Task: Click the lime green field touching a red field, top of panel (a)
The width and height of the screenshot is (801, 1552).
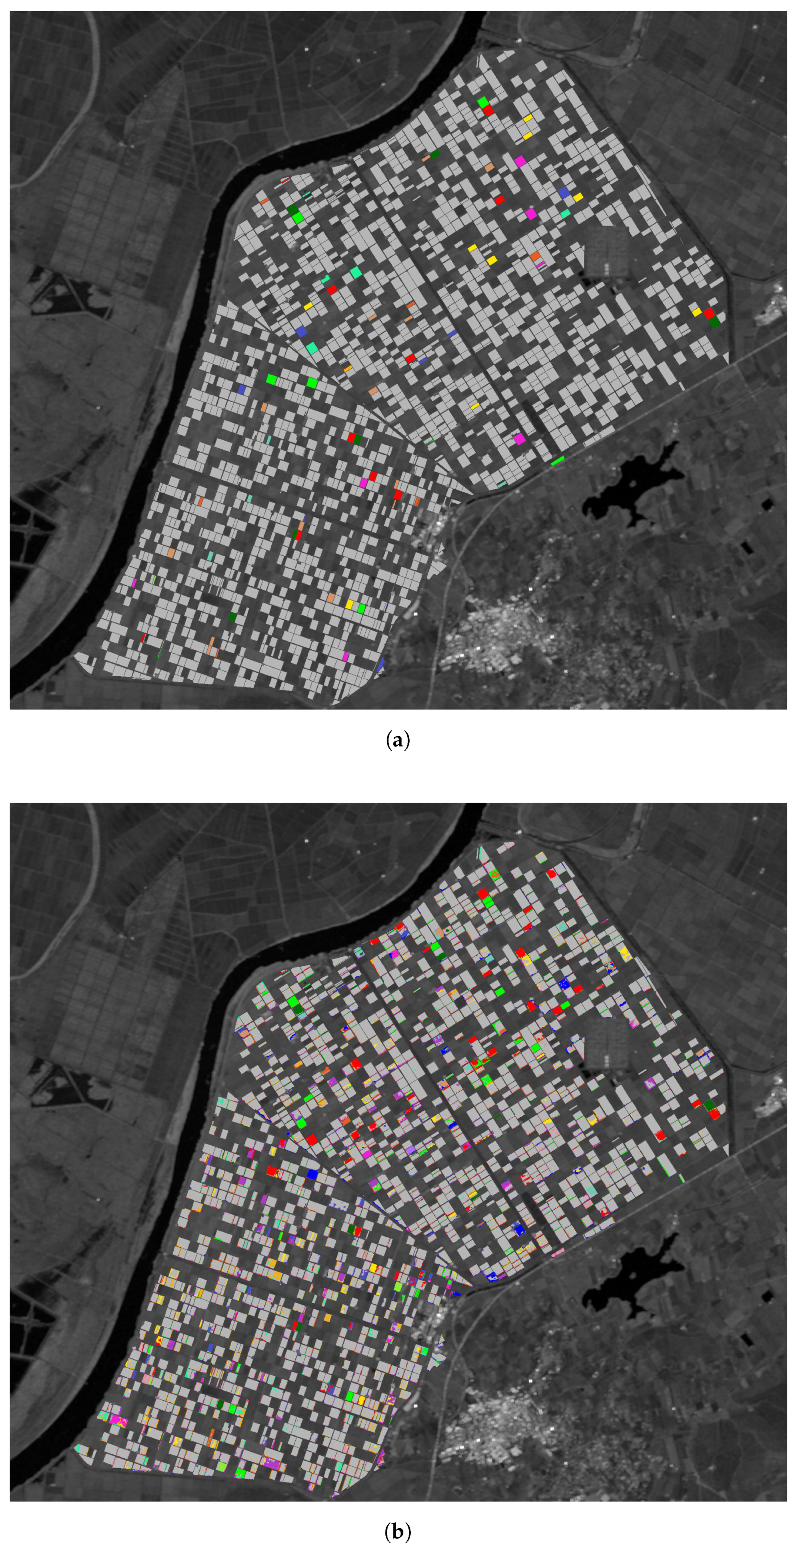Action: pos(483,102)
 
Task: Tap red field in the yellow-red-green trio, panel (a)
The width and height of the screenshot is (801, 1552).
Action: pos(709,313)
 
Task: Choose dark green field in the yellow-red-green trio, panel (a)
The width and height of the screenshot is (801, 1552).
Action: pos(715,322)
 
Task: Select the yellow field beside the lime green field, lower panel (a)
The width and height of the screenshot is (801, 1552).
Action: pos(349,604)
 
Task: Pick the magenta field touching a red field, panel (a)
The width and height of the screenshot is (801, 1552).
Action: pos(363,483)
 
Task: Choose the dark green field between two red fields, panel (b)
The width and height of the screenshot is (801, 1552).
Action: pos(709,1104)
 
